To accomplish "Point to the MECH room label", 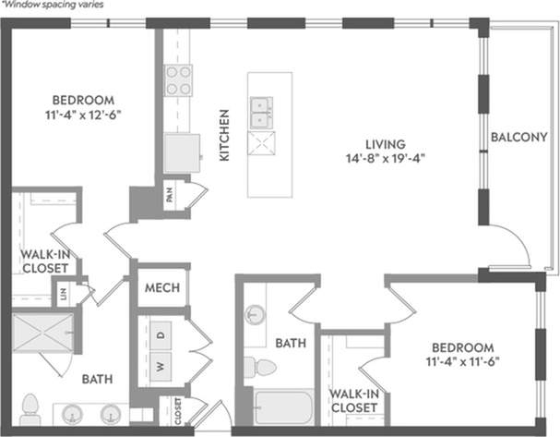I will pos(162,287).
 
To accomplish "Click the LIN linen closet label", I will pos(64,295).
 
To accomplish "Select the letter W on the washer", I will pos(159,367).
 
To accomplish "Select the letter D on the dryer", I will pos(159,334).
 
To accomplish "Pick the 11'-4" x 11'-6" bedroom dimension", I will pos(464,362).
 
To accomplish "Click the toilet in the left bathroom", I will pos(30,407).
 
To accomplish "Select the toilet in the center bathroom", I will pos(264,369).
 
